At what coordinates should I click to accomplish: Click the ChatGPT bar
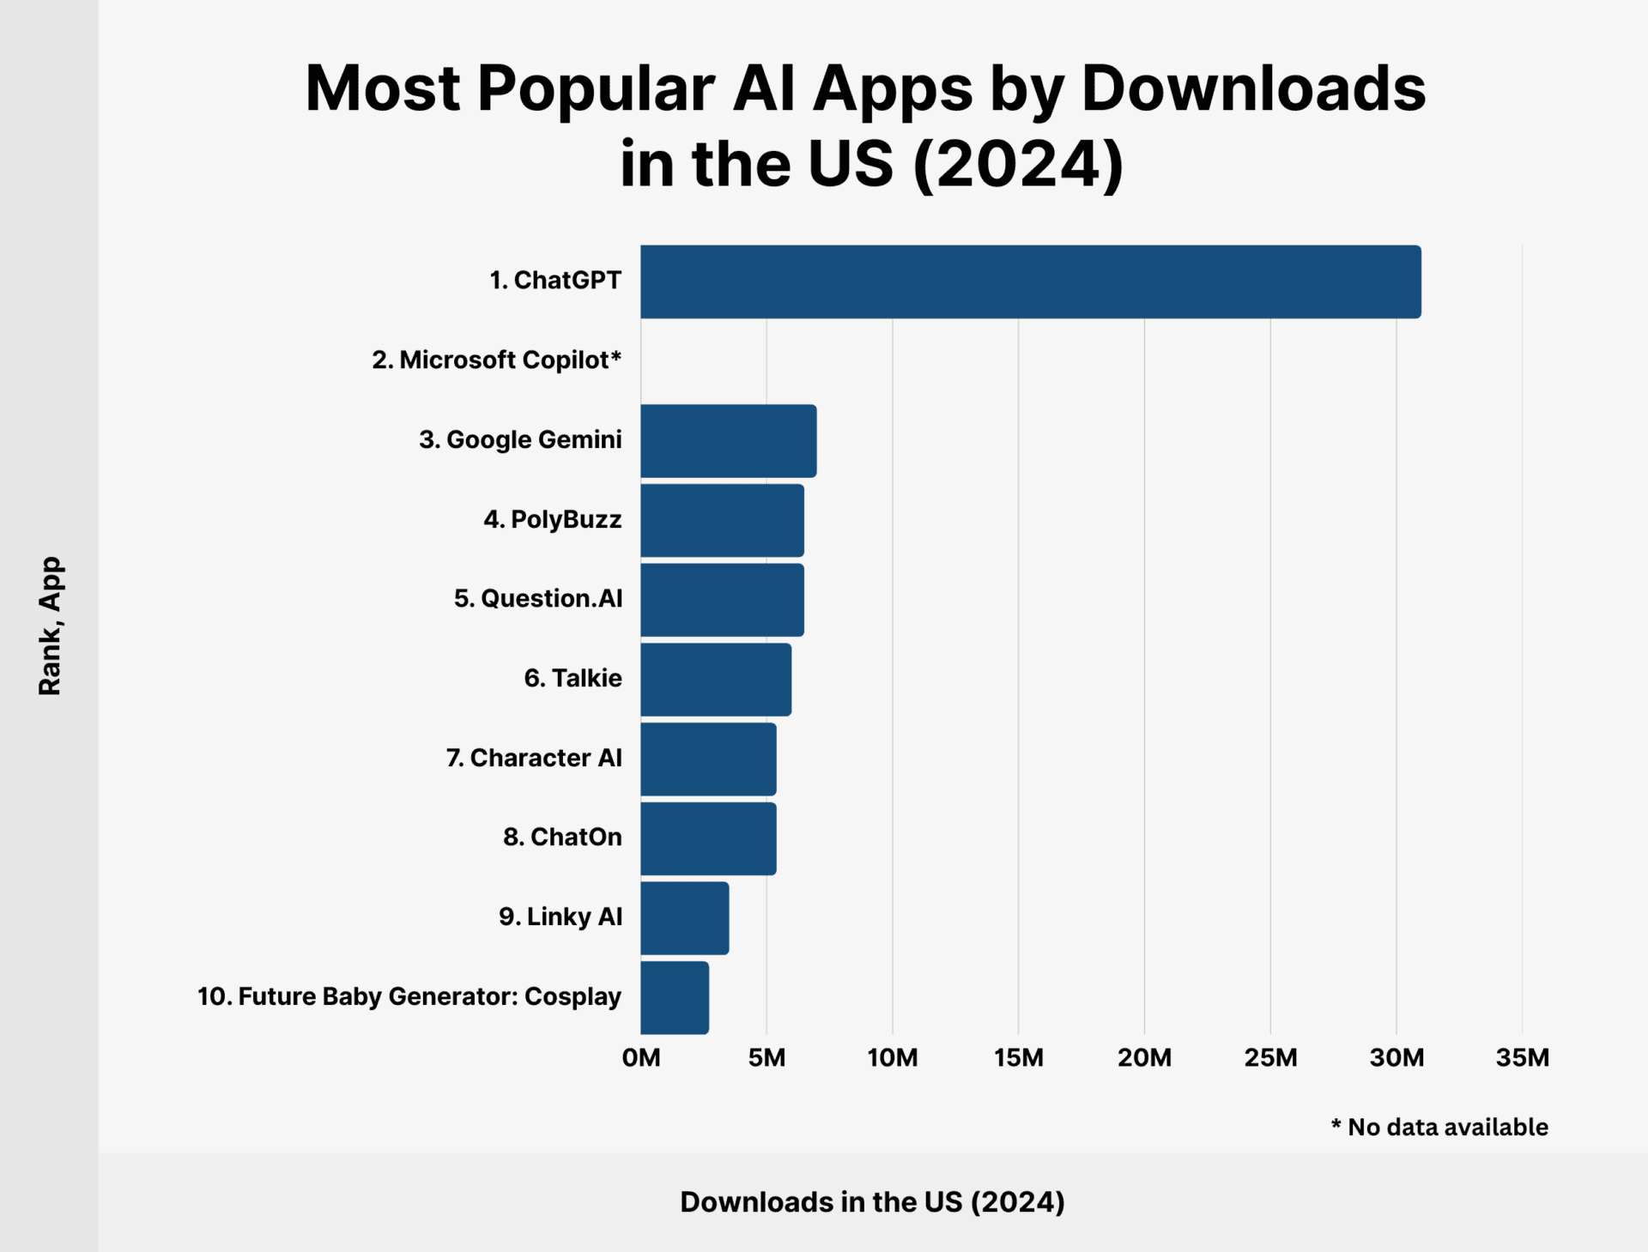pos(1030,281)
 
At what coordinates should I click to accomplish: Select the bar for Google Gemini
pos(728,441)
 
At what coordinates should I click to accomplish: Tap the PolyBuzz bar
pos(722,520)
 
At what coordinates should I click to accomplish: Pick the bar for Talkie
pos(716,680)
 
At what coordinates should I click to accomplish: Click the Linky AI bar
pos(684,918)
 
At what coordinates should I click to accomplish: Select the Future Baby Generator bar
pos(675,997)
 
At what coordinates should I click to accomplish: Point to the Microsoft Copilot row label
pos(496,360)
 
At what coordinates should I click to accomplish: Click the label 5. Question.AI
pos(538,598)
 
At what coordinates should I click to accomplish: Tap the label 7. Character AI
pos(534,758)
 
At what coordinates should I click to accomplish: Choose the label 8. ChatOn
pos(562,837)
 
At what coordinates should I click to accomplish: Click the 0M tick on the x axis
pos(641,1057)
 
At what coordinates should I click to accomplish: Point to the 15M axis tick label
pos(1019,1057)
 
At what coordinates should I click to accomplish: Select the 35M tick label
pos(1522,1057)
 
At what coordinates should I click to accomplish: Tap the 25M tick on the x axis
pos(1270,1057)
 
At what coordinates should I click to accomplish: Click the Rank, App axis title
pos(50,626)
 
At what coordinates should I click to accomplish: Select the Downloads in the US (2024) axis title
pos(872,1201)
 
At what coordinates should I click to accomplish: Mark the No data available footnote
pos(1439,1127)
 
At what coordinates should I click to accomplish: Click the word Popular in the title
pos(596,88)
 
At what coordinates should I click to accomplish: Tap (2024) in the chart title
pos(1018,163)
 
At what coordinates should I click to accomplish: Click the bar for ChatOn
pos(708,838)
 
